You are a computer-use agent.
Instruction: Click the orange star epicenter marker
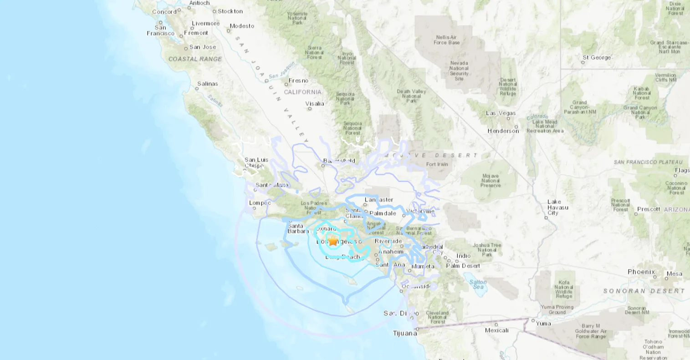pos(333,241)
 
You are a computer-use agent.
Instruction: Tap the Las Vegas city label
pos(501,113)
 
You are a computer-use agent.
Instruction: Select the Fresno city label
pos(298,81)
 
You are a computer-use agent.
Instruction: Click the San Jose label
pos(203,47)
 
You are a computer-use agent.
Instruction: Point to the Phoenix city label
pos(641,272)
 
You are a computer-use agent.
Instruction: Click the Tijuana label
pos(405,333)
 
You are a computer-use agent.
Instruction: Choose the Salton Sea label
pos(478,284)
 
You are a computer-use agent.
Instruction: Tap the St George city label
pos(597,57)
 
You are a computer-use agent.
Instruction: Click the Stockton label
pos(230,11)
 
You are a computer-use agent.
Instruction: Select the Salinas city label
pos(207,84)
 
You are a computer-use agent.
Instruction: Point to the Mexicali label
pos(496,330)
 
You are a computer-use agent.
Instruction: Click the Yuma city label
pos(543,324)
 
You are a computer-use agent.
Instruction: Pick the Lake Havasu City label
pos(553,207)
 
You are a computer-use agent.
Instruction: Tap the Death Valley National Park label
pos(411,96)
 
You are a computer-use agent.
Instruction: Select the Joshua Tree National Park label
pos(486,250)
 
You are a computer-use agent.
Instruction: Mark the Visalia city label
pos(315,103)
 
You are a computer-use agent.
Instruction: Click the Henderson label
pos(503,131)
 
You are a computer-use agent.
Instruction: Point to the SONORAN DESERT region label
pos(644,291)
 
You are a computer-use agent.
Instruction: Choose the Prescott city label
pos(649,209)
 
